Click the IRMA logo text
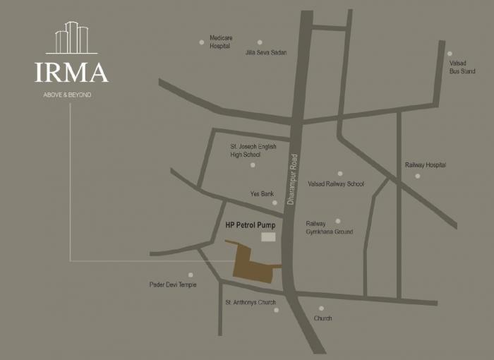71,73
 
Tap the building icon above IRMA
71,38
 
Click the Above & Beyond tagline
68,95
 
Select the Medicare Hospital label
221,42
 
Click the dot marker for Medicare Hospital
201,42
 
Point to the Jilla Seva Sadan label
266,52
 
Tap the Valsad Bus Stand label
462,67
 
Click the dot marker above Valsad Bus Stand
450,54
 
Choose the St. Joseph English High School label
253,150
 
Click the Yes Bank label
262,193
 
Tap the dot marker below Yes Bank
275,203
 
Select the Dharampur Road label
294,179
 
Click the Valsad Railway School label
336,184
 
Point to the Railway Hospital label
426,164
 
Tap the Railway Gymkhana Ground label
329,227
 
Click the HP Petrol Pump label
251,225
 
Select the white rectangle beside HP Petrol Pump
268,237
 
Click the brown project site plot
251,265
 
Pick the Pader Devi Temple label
173,284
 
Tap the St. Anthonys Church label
251,302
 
